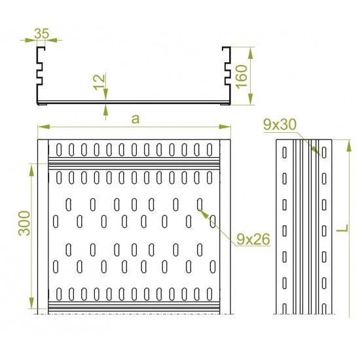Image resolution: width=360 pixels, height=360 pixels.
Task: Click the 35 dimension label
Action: pyautogui.click(x=41, y=33)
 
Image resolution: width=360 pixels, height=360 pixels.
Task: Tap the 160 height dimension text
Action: pyautogui.click(x=242, y=77)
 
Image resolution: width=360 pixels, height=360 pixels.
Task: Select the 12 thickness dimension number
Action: pyautogui.click(x=99, y=82)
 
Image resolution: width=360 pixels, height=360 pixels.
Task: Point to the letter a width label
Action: pyautogui.click(x=135, y=119)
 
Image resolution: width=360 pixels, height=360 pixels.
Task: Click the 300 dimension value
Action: pyautogui.click(x=24, y=223)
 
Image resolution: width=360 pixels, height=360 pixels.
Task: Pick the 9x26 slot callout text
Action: pyautogui.click(x=253, y=240)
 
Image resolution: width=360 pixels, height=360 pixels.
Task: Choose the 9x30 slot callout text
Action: pyautogui.click(x=279, y=124)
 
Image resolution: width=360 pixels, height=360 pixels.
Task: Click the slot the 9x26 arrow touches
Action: pyautogui.click(x=200, y=205)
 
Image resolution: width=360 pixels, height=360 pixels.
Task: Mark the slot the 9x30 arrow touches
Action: pyautogui.click(x=324, y=153)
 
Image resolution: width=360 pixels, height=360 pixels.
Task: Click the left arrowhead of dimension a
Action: pyautogui.click(x=44, y=127)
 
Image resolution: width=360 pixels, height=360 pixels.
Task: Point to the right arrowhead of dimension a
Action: pyautogui.click(x=225, y=127)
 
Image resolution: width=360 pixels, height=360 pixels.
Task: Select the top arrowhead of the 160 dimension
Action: pyautogui.click(x=251, y=53)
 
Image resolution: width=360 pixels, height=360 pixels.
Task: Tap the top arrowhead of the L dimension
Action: pyautogui.click(x=349, y=146)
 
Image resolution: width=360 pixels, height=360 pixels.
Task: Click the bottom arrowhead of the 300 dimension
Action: pyautogui.click(x=31, y=302)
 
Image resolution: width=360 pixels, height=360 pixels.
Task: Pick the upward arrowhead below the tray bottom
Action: pyautogui.click(x=105, y=110)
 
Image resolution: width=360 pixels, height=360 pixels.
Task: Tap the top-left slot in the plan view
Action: pyautogui.click(x=59, y=150)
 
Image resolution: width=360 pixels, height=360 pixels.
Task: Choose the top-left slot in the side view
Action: pyautogui.click(x=285, y=153)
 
